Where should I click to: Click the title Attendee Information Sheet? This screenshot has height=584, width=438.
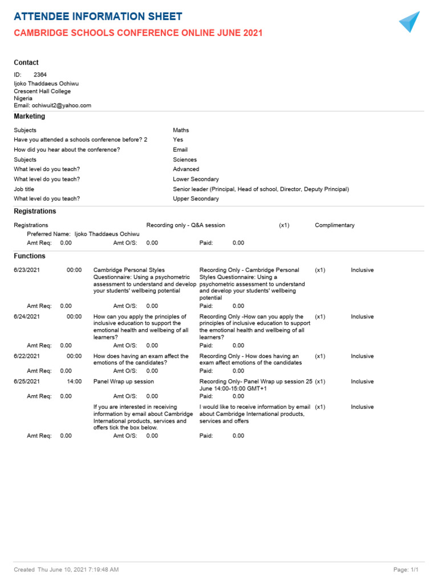(x=98, y=17)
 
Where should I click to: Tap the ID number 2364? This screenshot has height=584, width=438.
(x=40, y=75)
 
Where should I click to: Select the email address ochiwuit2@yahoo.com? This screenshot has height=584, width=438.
(x=62, y=106)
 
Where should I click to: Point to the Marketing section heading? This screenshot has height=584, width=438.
(x=29, y=116)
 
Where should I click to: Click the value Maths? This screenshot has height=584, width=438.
(x=181, y=130)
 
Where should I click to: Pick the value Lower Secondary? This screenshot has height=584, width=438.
(x=196, y=179)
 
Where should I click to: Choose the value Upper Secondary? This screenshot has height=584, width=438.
(x=196, y=198)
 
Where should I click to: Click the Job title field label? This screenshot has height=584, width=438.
(x=24, y=189)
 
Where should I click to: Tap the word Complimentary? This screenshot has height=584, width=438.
(x=335, y=225)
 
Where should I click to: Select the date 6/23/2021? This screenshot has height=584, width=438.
(x=27, y=270)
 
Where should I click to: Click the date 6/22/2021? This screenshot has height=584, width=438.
(x=27, y=356)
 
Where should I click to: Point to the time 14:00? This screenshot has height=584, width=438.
(x=74, y=382)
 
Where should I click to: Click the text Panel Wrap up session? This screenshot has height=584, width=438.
(x=124, y=382)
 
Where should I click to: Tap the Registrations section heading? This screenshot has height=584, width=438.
(x=35, y=211)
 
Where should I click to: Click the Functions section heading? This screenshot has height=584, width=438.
(x=30, y=256)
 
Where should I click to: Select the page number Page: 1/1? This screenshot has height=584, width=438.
(x=406, y=570)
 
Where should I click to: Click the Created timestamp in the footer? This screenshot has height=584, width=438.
(x=66, y=570)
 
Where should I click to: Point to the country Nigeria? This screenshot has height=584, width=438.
(x=23, y=98)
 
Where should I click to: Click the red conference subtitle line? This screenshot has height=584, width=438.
(x=138, y=33)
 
